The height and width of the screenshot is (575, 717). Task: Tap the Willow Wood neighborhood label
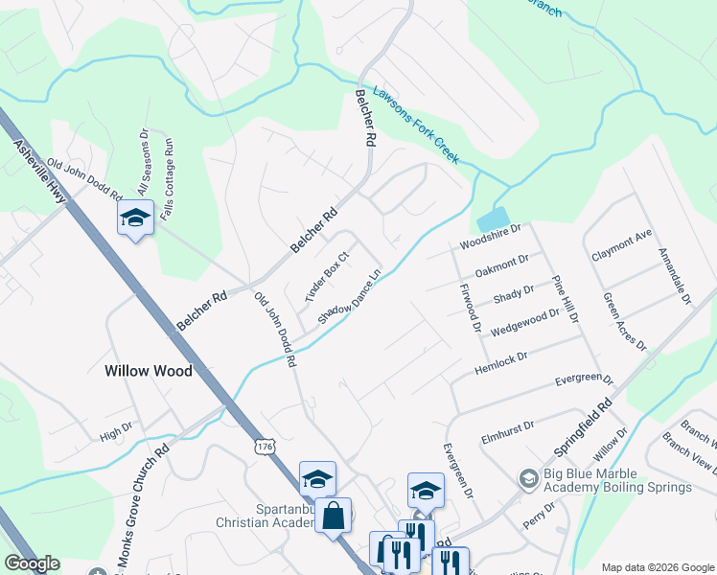(x=148, y=371)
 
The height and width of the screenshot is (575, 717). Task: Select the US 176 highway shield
(x=266, y=447)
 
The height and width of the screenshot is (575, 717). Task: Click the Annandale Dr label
(x=674, y=277)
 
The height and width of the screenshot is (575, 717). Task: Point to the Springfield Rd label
(x=583, y=428)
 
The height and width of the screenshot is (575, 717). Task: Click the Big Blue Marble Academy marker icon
(x=528, y=477)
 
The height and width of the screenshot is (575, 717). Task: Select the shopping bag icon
(x=333, y=515)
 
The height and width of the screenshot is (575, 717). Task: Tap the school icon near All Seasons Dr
(x=135, y=218)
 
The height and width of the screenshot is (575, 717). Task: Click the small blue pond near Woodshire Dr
(x=493, y=218)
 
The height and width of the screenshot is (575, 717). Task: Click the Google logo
(x=33, y=563)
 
